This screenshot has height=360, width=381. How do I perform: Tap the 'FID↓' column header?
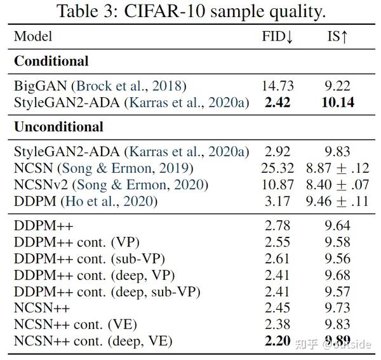tap(277, 37)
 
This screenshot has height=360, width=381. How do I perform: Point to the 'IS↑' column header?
tap(334, 37)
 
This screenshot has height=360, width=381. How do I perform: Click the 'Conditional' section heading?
tap(51, 62)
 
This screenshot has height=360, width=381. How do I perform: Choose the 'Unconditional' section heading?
tap(58, 127)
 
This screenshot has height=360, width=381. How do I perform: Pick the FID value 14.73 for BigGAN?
tap(277, 86)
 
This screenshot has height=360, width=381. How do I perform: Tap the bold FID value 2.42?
tap(277, 102)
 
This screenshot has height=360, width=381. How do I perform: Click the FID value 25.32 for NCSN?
tap(277, 168)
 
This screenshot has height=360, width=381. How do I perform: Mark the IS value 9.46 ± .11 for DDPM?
tap(335, 201)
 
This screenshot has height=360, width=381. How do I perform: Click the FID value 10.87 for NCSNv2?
tap(277, 185)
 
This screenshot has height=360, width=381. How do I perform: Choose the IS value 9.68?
tap(335, 275)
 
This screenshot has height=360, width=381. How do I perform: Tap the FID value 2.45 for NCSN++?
tap(277, 308)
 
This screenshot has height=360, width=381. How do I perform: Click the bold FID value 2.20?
tap(277, 342)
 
